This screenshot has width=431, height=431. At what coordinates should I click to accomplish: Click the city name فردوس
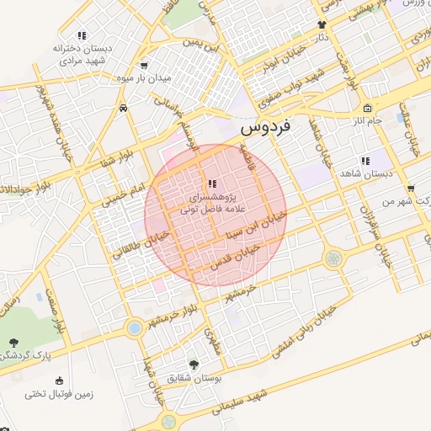265,128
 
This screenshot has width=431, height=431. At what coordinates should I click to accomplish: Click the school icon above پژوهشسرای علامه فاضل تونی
210,184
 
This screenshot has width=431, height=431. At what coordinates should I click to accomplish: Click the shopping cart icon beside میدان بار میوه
144,65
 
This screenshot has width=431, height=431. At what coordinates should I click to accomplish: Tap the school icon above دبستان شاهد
364,160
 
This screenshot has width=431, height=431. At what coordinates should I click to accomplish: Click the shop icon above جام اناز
367,109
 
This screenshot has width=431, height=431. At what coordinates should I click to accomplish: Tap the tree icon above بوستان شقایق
194,364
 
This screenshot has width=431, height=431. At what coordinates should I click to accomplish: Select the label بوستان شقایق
194,378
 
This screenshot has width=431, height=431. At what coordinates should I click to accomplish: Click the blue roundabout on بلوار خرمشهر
134,327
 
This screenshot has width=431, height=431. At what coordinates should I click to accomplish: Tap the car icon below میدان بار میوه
124,108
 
